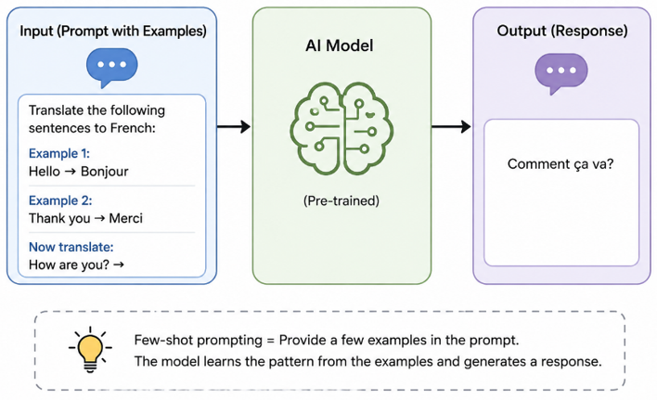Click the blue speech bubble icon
(x=112, y=67)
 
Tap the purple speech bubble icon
(x=561, y=73)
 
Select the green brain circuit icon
(x=341, y=128)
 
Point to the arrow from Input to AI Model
(x=234, y=126)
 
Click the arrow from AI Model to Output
(x=451, y=126)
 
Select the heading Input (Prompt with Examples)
(x=113, y=31)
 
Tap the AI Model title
(x=340, y=45)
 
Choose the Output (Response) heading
(x=562, y=31)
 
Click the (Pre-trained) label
(x=341, y=200)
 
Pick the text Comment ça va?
(x=560, y=163)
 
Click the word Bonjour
(x=104, y=172)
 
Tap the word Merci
(x=125, y=218)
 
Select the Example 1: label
(x=59, y=153)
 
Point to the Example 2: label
(x=60, y=200)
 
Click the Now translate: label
(x=71, y=247)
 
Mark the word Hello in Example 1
(x=45, y=172)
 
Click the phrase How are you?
(x=69, y=265)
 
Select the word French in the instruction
(x=131, y=128)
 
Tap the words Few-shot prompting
(x=199, y=340)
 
